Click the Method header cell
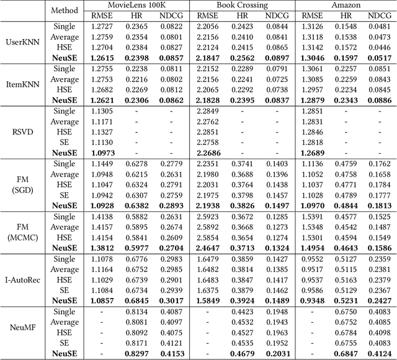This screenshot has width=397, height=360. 65,11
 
